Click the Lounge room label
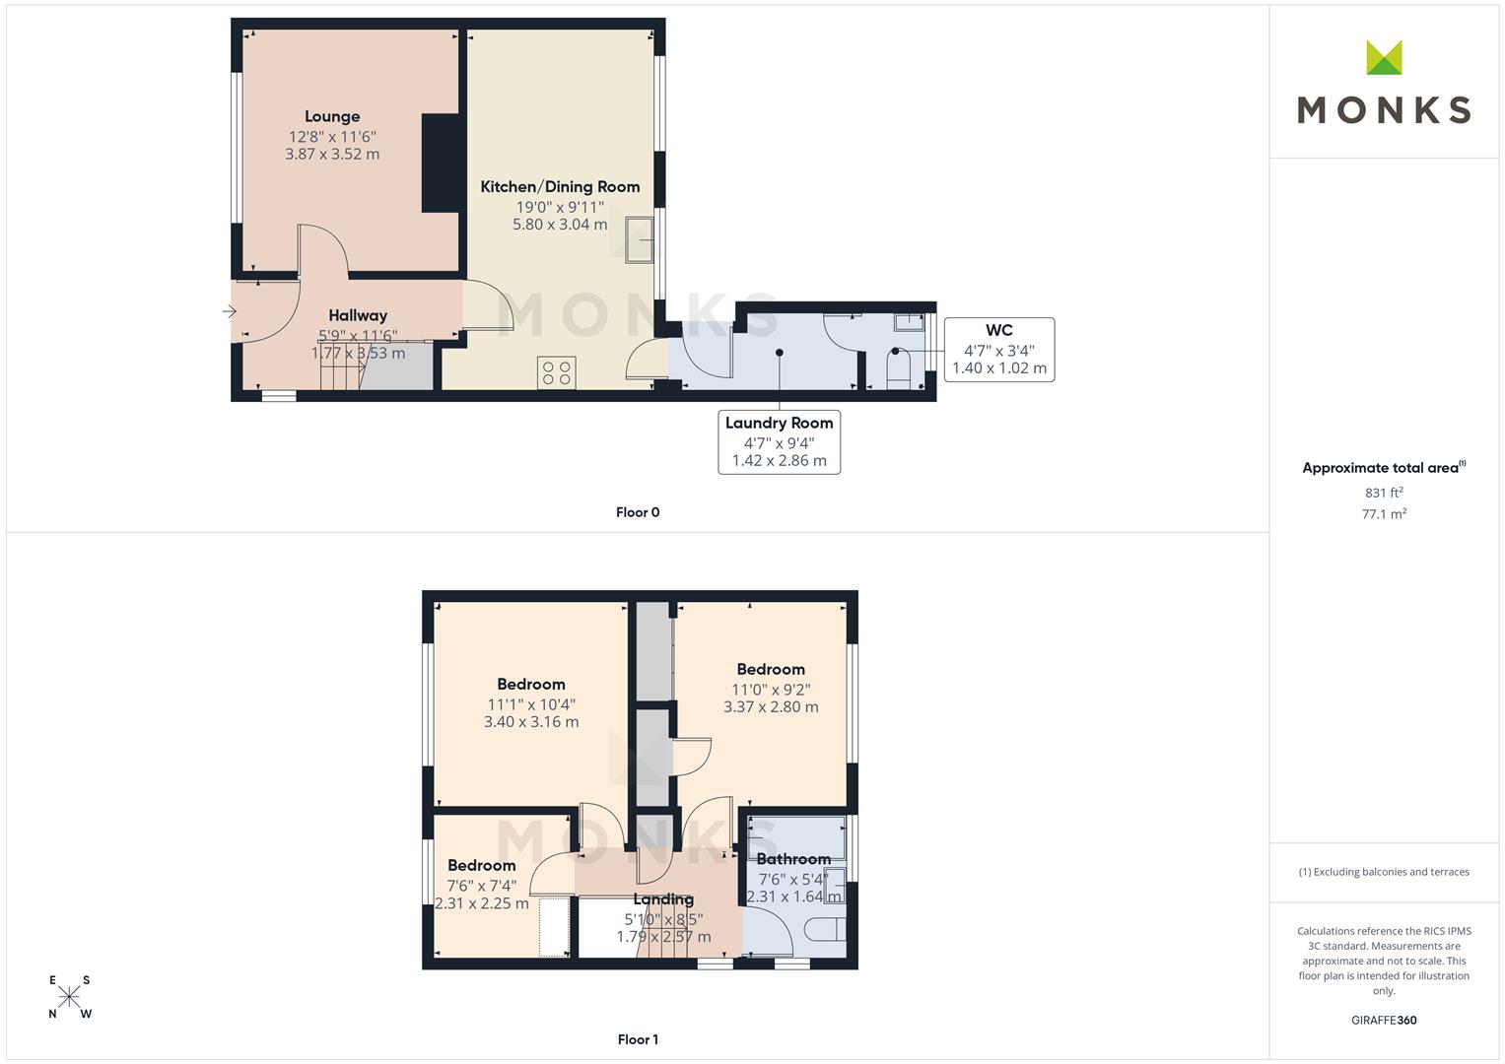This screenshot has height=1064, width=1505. click(332, 117)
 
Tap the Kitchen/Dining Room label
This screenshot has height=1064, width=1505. click(560, 187)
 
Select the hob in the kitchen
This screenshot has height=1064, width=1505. click(556, 372)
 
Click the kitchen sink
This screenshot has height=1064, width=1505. click(639, 239)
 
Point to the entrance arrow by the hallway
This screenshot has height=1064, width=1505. click(230, 311)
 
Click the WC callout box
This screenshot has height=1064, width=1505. click(999, 350)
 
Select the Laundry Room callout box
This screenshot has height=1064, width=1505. click(779, 442)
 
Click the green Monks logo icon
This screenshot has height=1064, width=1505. click(1384, 57)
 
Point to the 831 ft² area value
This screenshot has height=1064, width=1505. click(1384, 493)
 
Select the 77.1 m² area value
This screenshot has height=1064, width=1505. click(1384, 514)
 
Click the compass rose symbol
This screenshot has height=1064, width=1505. click(69, 997)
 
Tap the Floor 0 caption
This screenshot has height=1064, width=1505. click(638, 512)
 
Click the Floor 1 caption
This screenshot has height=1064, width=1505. click(638, 1039)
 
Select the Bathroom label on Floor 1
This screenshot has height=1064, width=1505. click(793, 859)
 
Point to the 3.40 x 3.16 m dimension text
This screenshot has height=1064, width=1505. click(531, 722)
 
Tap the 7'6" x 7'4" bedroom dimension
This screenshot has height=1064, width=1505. click(482, 886)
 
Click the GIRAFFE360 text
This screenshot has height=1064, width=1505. click(1384, 1021)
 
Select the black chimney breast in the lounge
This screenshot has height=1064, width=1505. click(443, 164)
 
